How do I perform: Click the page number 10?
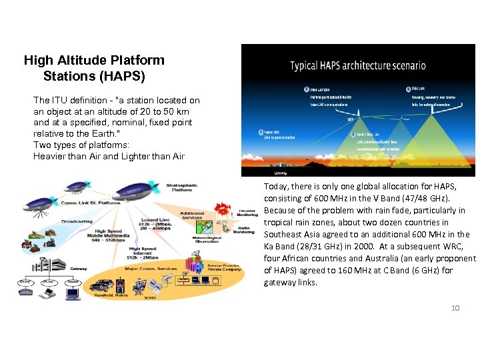[455, 307]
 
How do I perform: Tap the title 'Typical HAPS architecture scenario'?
[357, 65]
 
